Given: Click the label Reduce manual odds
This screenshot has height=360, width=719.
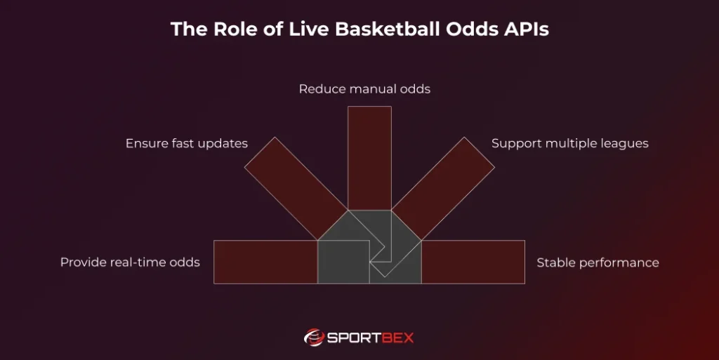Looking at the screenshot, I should (x=364, y=89).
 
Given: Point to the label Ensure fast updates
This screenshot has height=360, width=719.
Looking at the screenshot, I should (x=187, y=143).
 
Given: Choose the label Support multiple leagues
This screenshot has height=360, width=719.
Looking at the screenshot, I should (x=569, y=143).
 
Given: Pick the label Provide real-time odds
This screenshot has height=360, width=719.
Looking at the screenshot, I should (x=130, y=262).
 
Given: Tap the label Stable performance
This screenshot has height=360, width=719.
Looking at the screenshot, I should (x=598, y=262).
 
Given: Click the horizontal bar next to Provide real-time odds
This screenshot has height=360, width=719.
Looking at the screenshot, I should (x=265, y=262).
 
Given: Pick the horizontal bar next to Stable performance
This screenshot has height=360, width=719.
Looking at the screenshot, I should (x=473, y=262).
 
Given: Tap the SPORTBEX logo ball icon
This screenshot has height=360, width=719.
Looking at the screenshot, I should (x=313, y=338).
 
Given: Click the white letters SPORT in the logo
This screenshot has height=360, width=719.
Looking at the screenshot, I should (x=355, y=338).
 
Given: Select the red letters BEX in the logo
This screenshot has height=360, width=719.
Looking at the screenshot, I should (x=400, y=338).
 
